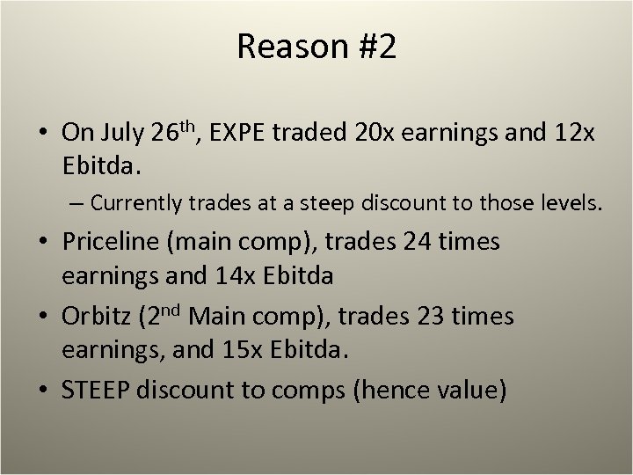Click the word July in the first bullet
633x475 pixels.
(x=123, y=134)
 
